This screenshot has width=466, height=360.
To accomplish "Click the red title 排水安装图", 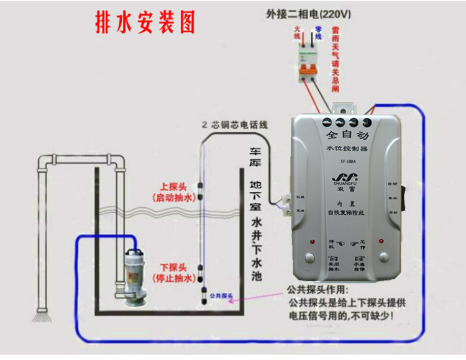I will (x=144, y=23).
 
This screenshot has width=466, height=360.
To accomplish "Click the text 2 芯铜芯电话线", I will (x=235, y=125).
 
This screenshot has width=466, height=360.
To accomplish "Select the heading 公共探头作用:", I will (x=318, y=290).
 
